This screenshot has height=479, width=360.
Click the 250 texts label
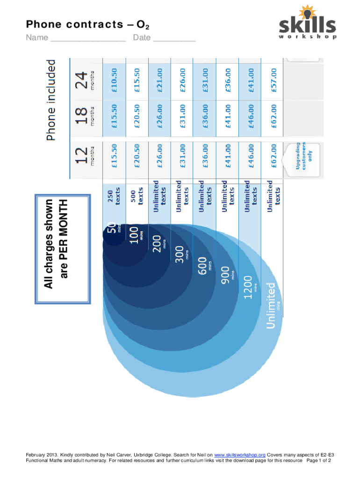pos(114,197)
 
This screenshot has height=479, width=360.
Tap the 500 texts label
pos(137,197)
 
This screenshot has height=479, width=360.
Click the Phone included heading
pos(50,99)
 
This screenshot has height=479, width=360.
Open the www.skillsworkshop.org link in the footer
pos(240,454)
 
